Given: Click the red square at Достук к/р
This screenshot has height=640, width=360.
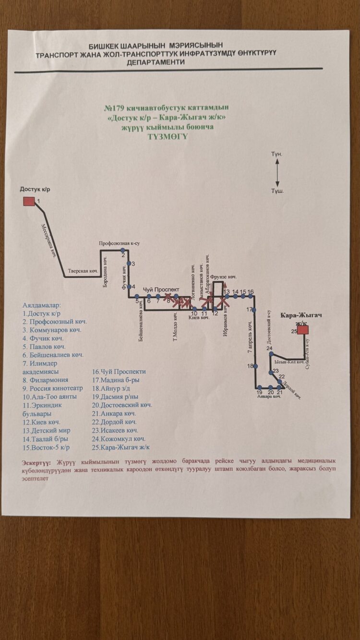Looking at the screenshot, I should pyautogui.click(x=29, y=201).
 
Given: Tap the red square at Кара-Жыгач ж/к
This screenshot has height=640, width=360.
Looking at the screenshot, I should pyautogui.click(x=303, y=330).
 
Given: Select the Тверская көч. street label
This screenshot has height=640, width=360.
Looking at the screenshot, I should pyautogui.click(x=83, y=271).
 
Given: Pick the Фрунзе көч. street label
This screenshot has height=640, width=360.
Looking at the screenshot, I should pyautogui.click(x=224, y=278).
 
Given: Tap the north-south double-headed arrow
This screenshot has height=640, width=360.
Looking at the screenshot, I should pyautogui.click(x=277, y=172).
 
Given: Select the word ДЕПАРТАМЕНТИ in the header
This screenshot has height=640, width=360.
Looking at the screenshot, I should pyautogui.click(x=155, y=62).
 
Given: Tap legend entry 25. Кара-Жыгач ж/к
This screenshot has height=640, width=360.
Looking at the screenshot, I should pyautogui.click(x=121, y=447).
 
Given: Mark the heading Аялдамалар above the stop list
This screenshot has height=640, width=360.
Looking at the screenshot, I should pyautogui.click(x=42, y=305).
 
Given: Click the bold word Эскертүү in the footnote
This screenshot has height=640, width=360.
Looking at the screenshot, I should pyautogui.click(x=38, y=462).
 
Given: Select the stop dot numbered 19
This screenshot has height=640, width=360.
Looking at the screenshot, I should pyautogui.click(x=259, y=387).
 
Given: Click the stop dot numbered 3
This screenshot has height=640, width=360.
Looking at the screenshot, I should pyautogui.click(x=128, y=264).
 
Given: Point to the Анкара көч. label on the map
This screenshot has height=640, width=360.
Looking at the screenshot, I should pyautogui.click(x=269, y=397).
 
